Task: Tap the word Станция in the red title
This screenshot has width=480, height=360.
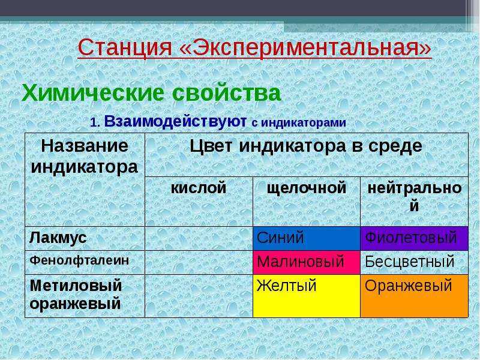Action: [x=125, y=48]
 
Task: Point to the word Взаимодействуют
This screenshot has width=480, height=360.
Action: [x=175, y=121]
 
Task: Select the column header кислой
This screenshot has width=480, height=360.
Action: [x=199, y=187]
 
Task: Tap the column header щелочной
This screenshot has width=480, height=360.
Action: [x=307, y=188]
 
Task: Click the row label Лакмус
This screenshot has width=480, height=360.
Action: [x=58, y=238]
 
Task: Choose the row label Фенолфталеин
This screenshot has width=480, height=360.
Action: [x=79, y=260]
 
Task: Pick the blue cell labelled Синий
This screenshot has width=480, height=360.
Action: [x=307, y=238]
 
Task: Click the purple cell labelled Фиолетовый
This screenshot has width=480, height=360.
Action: [x=414, y=238]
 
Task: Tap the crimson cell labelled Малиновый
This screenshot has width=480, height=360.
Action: [x=307, y=262]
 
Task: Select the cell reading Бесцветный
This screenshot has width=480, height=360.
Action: [x=414, y=262]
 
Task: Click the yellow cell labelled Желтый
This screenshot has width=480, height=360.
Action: [x=307, y=296]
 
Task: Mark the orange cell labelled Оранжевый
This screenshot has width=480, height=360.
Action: [x=414, y=296]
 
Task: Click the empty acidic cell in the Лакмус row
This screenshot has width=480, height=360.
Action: [x=199, y=238]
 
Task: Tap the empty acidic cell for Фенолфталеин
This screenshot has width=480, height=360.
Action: [x=199, y=262]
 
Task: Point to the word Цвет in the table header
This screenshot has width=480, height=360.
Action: [x=211, y=146]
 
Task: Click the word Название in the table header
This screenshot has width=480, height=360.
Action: [x=85, y=146]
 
